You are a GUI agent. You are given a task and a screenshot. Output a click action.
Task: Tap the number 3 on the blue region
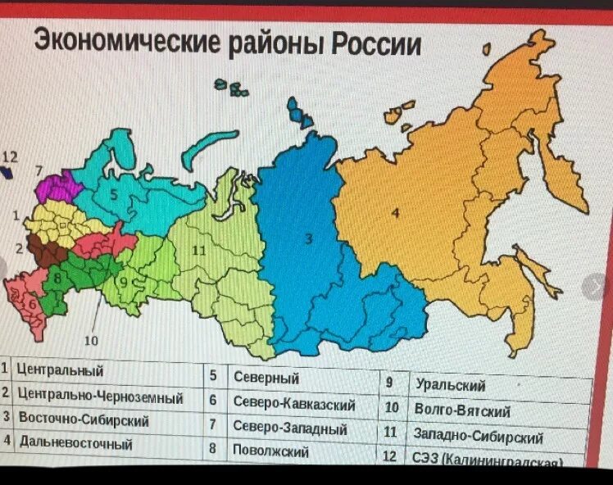coord(309,238)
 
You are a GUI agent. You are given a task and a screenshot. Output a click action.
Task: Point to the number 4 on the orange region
coord(395,214)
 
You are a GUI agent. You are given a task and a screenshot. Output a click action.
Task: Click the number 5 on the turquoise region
coord(115,195)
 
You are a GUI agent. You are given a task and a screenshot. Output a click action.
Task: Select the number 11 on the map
coord(198,250)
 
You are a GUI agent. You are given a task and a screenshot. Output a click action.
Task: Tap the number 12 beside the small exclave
coord(9,156)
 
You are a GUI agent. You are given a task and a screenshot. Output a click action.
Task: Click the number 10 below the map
coord(91,340)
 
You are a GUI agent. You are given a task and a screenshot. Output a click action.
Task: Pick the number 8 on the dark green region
coord(57,277)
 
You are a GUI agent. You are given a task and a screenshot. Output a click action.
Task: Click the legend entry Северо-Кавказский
coord(293,403)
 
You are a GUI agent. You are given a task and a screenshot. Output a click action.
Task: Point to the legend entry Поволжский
coord(270,451)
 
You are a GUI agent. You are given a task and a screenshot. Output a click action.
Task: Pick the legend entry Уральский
coord(450,384)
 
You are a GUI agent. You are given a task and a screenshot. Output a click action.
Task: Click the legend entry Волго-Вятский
coord(462,409)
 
